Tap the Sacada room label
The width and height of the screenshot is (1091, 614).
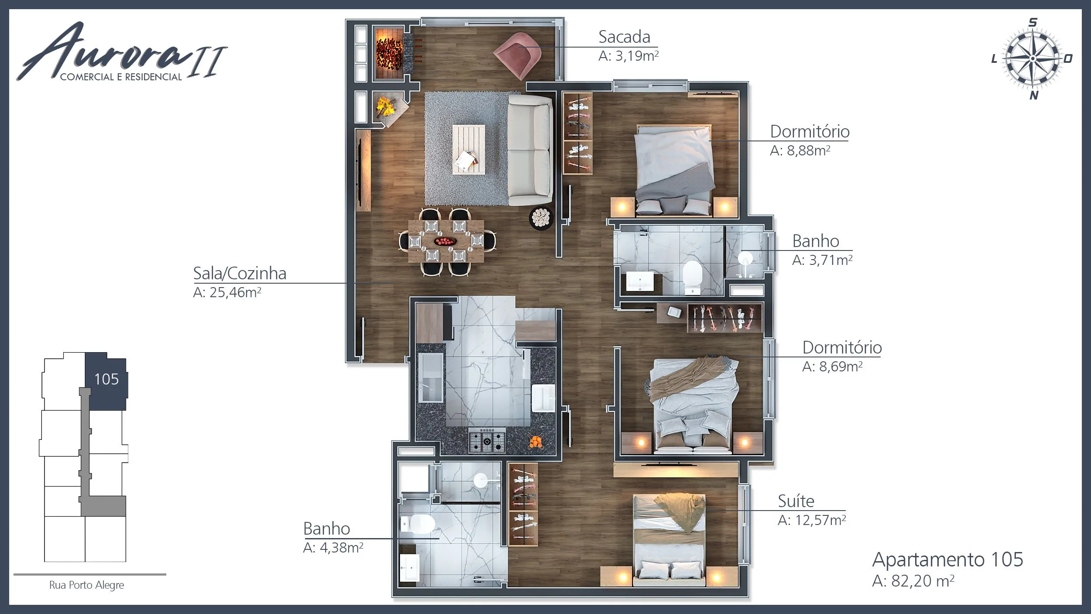tap(624, 37)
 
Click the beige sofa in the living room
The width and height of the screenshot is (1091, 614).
tap(530, 151)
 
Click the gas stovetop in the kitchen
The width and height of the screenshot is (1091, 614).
tap(487, 440)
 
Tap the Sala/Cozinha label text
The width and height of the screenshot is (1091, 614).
tap(240, 274)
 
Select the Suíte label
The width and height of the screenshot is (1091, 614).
tap(796, 501)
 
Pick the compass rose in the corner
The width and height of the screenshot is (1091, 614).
tap(1033, 58)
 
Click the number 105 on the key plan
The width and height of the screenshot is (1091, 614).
tap(106, 379)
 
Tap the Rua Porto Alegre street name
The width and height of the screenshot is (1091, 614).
tap(86, 585)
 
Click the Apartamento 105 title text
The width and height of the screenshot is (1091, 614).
tap(947, 559)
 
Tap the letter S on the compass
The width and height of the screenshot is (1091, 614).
tap(1033, 23)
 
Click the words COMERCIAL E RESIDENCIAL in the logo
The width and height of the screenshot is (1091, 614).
tap(121, 77)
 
